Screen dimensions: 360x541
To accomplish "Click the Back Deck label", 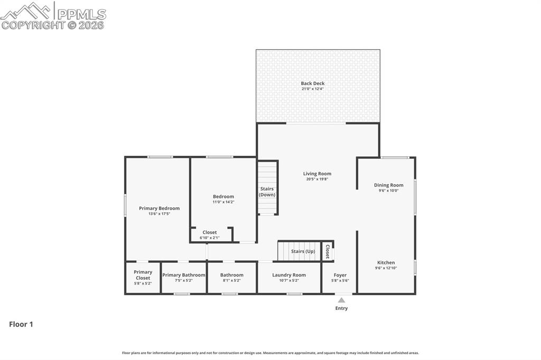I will click(x=312, y=83).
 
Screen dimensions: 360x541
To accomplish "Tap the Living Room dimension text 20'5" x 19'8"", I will click(x=318, y=179).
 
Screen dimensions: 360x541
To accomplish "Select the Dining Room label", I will click(x=388, y=185).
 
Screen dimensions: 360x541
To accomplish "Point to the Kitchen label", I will click(x=386, y=262).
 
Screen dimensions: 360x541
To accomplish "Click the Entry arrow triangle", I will click(x=341, y=300).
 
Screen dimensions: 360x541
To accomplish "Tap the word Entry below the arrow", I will click(x=341, y=308).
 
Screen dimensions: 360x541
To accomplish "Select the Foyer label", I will click(x=340, y=275).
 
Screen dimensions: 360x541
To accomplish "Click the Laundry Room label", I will click(x=289, y=275).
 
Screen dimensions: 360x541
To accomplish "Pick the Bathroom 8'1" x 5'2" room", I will click(x=231, y=277).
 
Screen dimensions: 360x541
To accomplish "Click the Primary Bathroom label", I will click(x=183, y=275).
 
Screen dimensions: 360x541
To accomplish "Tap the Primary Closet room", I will click(x=143, y=277).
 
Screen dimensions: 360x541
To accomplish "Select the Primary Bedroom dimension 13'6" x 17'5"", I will click(x=159, y=214).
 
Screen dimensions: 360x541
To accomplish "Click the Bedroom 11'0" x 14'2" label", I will click(x=223, y=196).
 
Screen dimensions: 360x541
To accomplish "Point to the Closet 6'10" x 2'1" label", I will click(x=209, y=232).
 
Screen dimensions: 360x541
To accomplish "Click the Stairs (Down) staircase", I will click(x=268, y=188).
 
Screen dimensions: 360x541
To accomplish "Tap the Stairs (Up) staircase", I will click(x=300, y=251).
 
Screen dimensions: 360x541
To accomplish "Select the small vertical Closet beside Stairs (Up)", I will click(x=328, y=251).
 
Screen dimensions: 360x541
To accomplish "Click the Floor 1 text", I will click(x=21, y=325).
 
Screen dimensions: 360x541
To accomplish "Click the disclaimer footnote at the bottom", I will click(x=270, y=353).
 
